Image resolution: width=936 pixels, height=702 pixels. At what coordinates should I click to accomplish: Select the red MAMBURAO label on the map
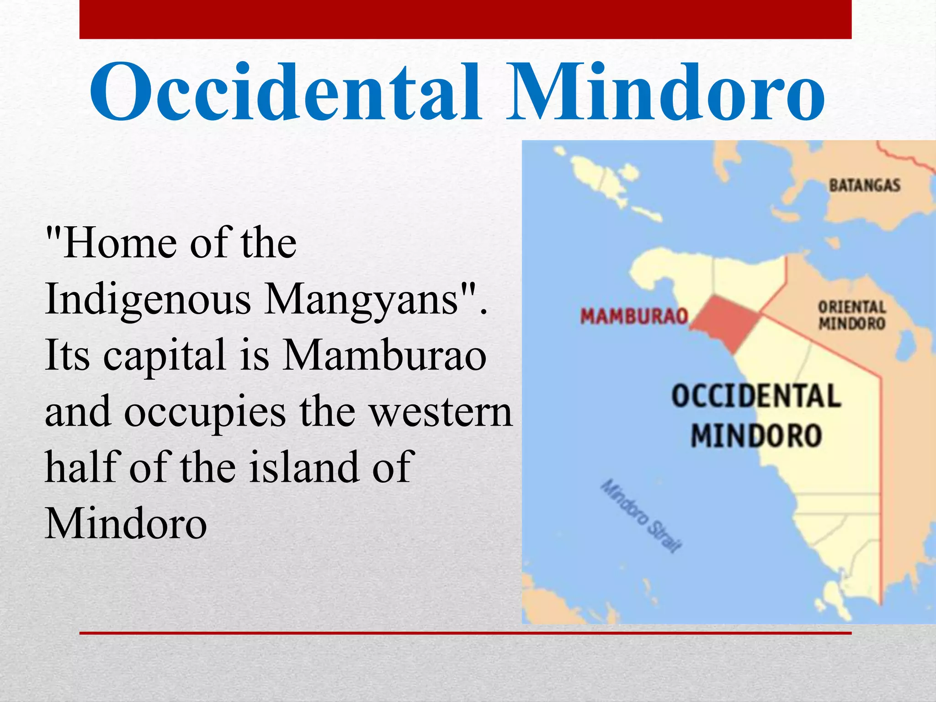point(634,316)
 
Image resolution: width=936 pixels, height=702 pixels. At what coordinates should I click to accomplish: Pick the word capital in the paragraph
point(165,356)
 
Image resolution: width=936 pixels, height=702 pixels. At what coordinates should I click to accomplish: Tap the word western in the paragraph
point(441,412)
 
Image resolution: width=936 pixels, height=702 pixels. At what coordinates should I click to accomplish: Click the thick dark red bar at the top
point(465,19)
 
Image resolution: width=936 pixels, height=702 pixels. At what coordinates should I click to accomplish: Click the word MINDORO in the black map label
point(756,435)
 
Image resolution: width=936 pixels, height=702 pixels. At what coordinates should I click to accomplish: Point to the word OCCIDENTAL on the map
point(756,396)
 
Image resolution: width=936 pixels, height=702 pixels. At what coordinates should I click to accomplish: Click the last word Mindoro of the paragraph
point(126,523)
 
